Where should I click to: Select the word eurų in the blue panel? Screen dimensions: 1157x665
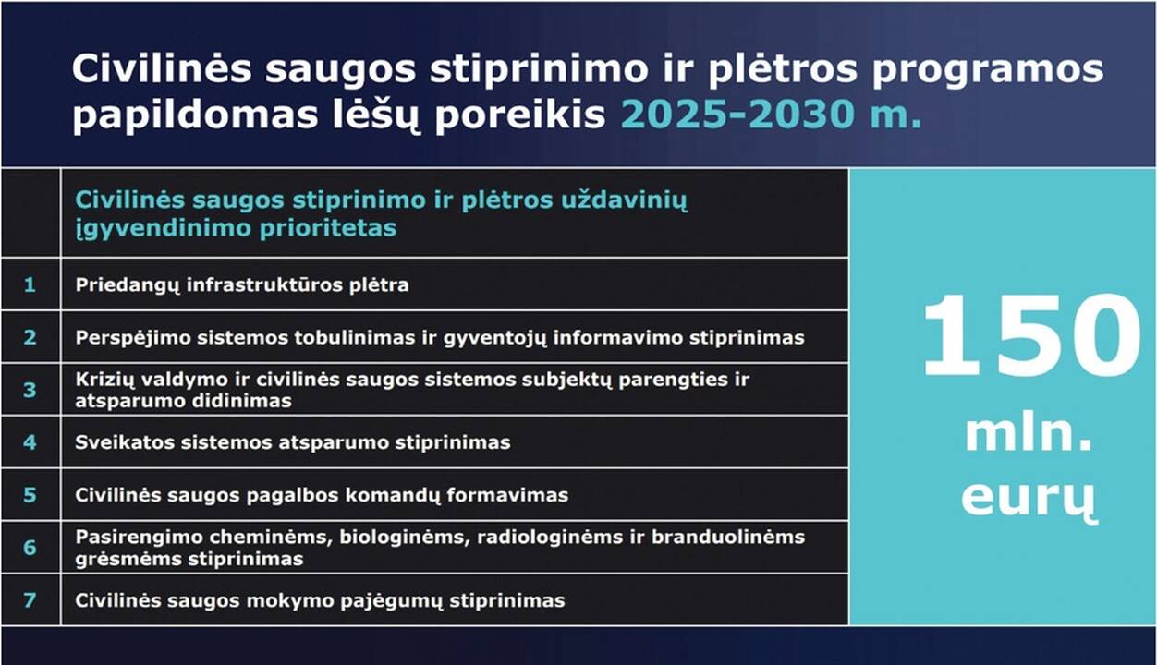[x=1029, y=499]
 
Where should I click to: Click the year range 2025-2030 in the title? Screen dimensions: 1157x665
[x=737, y=114]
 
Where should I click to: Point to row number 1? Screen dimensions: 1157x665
[x=30, y=284]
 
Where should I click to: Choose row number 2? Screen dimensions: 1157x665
[x=30, y=337]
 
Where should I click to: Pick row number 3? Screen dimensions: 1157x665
[x=30, y=390]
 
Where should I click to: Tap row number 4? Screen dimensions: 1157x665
[x=30, y=442]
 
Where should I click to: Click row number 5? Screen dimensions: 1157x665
[x=30, y=495]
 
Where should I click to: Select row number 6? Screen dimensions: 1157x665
[x=30, y=548]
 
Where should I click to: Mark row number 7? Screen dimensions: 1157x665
[x=30, y=600]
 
